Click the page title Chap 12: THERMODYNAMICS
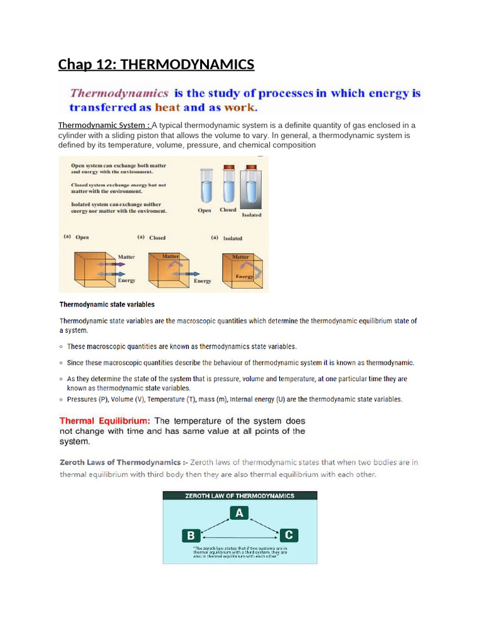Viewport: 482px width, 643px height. point(156,64)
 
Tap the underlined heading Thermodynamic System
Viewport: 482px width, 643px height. point(103,125)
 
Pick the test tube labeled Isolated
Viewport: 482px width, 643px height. point(251,188)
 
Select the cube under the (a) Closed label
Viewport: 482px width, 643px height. point(166,269)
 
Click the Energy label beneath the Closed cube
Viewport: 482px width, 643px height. point(202,281)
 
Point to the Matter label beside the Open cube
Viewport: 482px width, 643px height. point(127,257)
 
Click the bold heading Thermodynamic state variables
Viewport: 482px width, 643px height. point(107,305)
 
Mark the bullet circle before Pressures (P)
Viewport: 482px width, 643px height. point(61,399)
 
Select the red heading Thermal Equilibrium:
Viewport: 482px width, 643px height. point(104,421)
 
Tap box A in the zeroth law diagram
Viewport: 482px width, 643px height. point(238,513)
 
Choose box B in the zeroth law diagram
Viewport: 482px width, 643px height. point(191,536)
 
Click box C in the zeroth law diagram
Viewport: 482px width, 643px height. point(289,535)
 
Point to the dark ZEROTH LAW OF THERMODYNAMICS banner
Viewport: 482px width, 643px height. point(240,495)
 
